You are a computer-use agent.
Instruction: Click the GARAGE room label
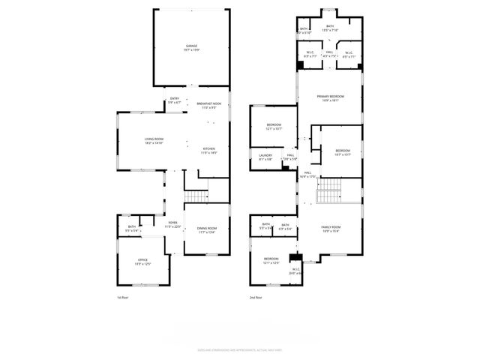(x=192, y=47)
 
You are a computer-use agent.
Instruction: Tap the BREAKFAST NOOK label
(x=208, y=105)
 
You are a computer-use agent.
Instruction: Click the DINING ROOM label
(x=207, y=230)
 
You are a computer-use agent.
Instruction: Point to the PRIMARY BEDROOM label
(x=331, y=98)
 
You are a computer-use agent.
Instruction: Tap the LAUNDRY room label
(x=265, y=157)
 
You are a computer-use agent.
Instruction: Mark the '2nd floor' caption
(x=256, y=298)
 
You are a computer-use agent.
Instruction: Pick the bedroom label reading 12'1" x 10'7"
(x=274, y=127)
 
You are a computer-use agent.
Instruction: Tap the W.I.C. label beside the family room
(x=295, y=271)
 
